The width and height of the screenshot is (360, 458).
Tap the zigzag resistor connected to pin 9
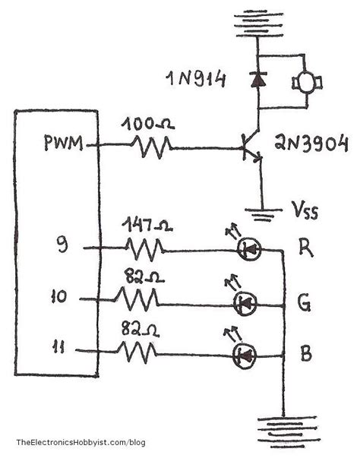[x=144, y=248]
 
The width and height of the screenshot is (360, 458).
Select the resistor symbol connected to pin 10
[x=137, y=300]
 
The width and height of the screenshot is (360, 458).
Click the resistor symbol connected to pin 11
[x=137, y=352]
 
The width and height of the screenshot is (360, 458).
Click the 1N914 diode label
[x=197, y=77]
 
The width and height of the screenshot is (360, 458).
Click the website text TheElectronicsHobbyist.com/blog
[x=81, y=443]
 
